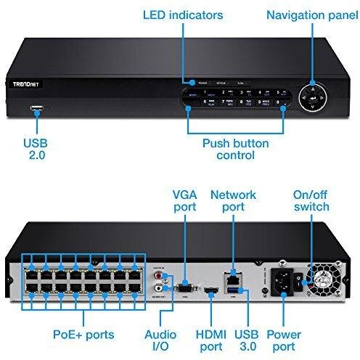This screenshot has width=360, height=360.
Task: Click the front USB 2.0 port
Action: click(36, 110)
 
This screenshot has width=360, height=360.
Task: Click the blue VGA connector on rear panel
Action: click(184, 285)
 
